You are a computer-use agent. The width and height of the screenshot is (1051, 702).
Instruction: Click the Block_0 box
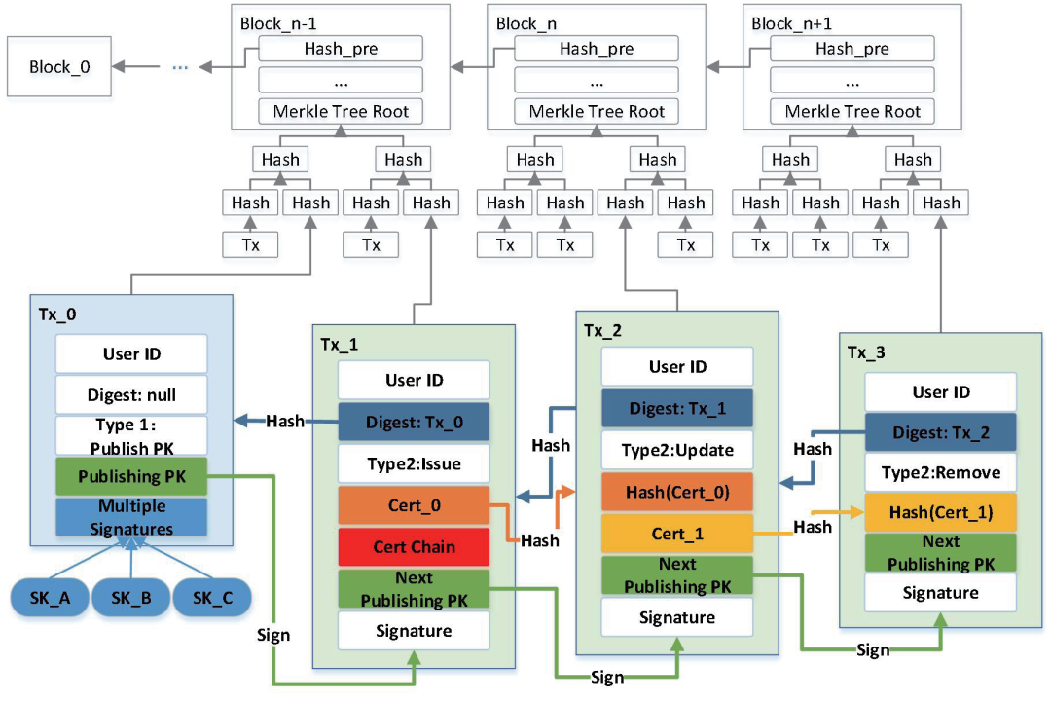pos(56,67)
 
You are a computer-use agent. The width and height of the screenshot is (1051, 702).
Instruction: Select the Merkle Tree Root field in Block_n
pos(597,111)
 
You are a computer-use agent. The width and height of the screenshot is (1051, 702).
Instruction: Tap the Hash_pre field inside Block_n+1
pos(852,48)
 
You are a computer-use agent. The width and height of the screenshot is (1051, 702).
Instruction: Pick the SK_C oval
pos(212,596)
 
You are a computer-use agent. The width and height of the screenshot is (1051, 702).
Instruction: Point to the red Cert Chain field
pos(414,547)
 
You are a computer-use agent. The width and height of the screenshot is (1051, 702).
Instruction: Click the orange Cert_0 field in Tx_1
pos(414,505)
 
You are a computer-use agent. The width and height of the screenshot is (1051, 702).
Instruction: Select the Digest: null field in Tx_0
pos(131,395)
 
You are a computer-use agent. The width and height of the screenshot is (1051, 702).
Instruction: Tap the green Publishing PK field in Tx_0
pos(131,477)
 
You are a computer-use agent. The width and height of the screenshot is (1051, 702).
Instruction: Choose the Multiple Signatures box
pos(131,517)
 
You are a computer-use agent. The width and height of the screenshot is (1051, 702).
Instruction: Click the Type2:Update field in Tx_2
pos(676,450)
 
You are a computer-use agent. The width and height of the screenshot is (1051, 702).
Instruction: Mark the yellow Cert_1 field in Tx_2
pos(676,534)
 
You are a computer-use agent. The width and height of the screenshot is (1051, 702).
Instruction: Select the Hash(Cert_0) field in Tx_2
pos(676,492)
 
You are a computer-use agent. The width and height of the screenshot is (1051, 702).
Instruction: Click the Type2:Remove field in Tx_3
pos(940,474)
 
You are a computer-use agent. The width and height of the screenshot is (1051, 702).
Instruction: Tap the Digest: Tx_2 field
pos(940,433)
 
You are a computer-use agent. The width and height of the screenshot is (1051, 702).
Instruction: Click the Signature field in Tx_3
pos(940,592)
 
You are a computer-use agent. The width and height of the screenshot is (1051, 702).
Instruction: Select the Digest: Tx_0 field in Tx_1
pos(414,422)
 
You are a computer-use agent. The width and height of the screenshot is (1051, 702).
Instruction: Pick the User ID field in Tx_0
pos(131,354)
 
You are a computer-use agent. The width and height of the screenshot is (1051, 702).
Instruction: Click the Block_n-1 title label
pos(273,21)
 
